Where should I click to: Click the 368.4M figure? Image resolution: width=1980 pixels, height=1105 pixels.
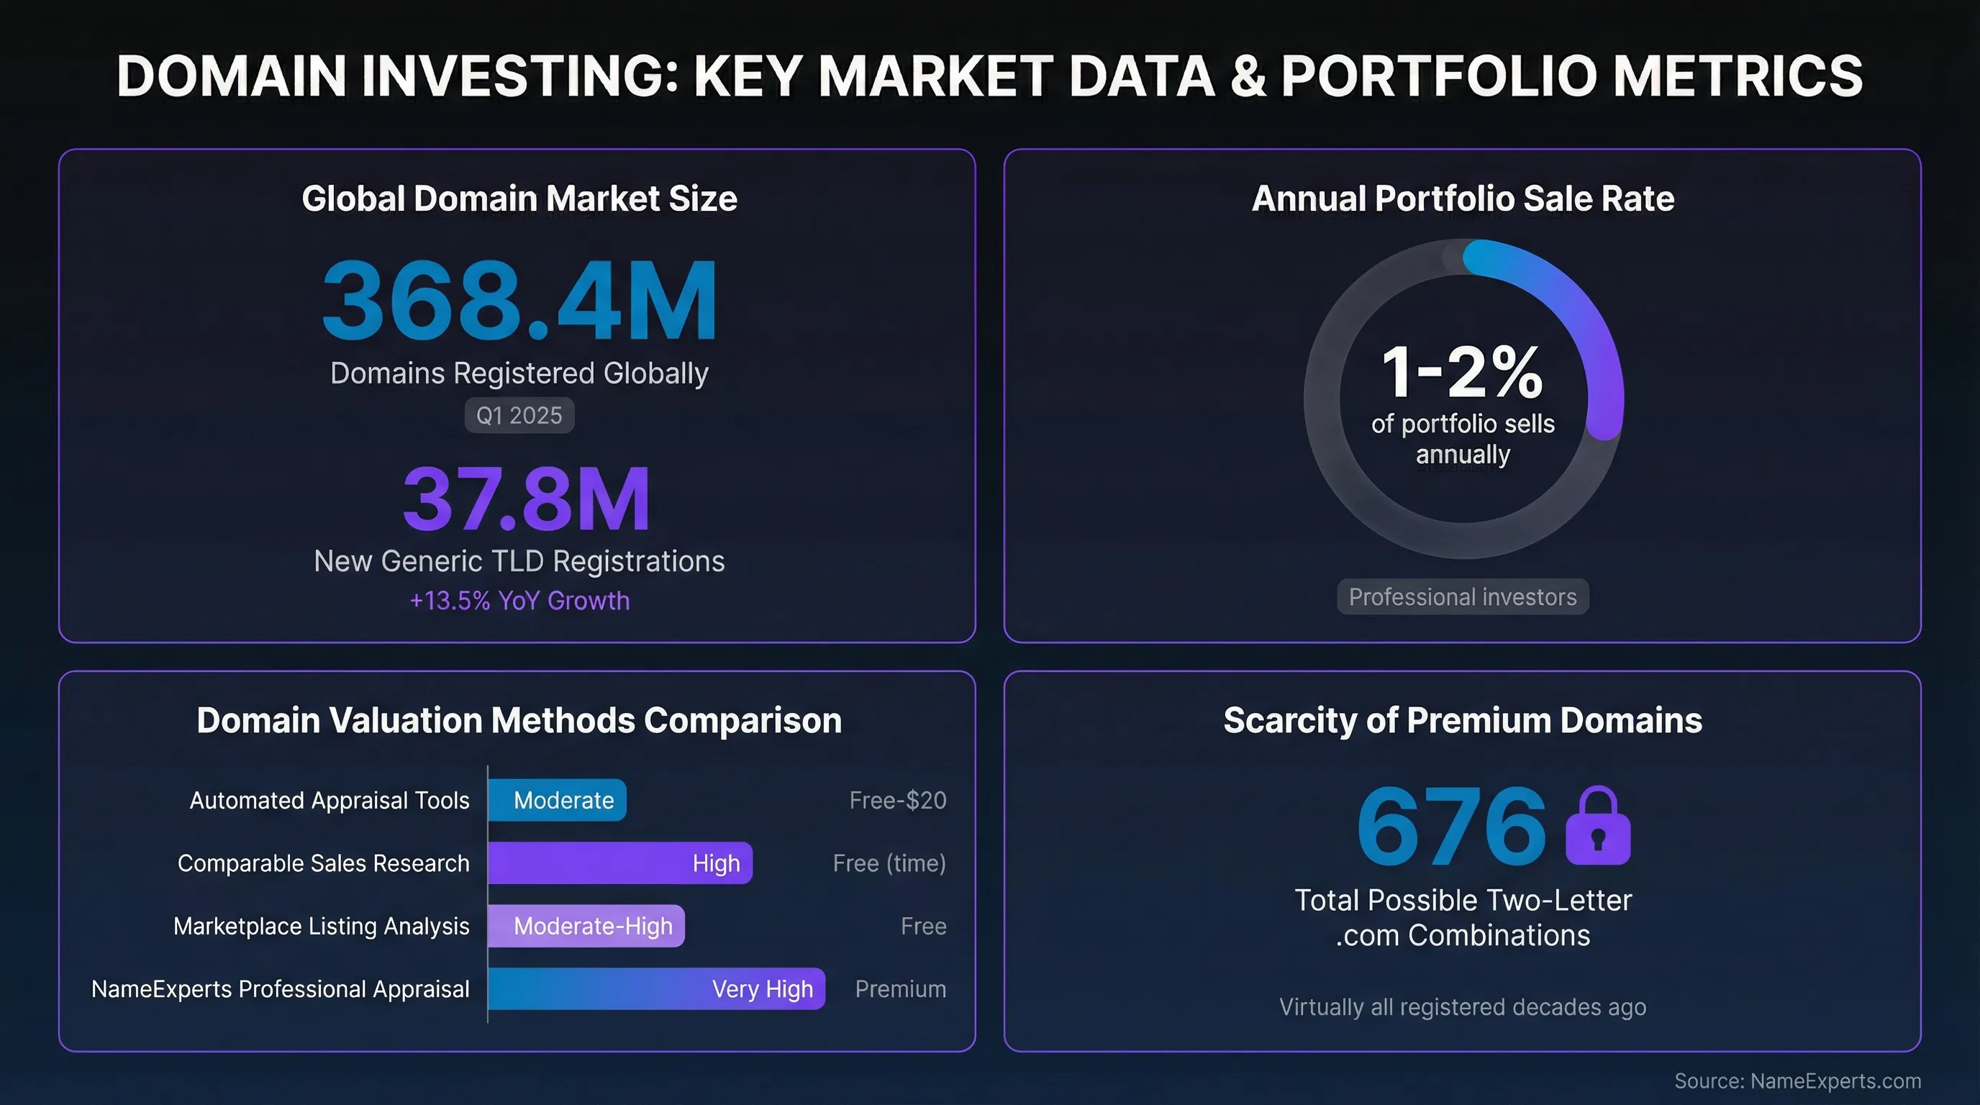click(x=519, y=301)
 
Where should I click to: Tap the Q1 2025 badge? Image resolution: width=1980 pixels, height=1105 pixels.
click(x=519, y=416)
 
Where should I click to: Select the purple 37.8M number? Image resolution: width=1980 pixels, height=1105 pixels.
click(x=527, y=499)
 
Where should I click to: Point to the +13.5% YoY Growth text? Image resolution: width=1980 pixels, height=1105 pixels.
click(x=519, y=600)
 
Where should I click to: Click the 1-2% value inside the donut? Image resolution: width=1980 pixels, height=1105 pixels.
click(x=1462, y=373)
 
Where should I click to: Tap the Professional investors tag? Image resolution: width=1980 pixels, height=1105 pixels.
click(x=1462, y=597)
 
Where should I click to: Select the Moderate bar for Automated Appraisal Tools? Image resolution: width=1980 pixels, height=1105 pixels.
click(x=558, y=800)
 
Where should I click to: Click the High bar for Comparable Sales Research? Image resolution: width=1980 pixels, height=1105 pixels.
click(x=619, y=863)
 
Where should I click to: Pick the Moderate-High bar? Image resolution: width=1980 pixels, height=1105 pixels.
click(x=586, y=926)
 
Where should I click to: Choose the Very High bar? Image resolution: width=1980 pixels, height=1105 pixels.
click(x=656, y=989)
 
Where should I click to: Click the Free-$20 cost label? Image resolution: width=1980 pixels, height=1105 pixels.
click(x=897, y=800)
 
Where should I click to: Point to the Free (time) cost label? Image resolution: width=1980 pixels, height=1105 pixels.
click(x=889, y=863)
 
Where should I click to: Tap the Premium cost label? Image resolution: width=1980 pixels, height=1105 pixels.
click(x=900, y=989)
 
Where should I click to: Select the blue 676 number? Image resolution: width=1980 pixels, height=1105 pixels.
click(x=1451, y=827)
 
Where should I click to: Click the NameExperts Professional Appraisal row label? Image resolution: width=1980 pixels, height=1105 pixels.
click(x=281, y=989)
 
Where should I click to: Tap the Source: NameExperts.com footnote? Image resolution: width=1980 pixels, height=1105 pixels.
click(x=1797, y=1081)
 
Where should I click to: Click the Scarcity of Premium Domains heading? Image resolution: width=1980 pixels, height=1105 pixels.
click(x=1462, y=721)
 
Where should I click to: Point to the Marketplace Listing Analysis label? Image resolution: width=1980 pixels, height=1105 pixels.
click(x=322, y=926)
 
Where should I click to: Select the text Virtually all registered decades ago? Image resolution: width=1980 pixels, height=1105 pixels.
click(x=1462, y=1006)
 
